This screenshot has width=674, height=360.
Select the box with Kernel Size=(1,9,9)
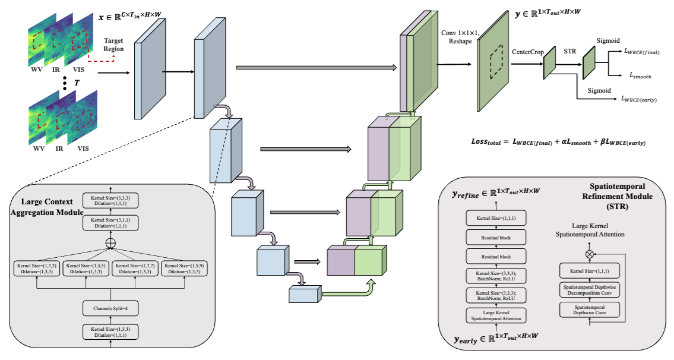click(x=186, y=268)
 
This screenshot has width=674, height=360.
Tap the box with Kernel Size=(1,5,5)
click(x=87, y=268)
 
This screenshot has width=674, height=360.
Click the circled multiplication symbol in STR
click(x=589, y=253)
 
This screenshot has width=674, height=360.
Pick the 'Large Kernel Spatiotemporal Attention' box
click(x=496, y=315)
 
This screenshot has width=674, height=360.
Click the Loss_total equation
click(x=558, y=143)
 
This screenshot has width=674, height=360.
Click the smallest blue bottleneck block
click(x=305, y=294)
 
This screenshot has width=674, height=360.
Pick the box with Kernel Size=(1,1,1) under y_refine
click(x=496, y=219)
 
